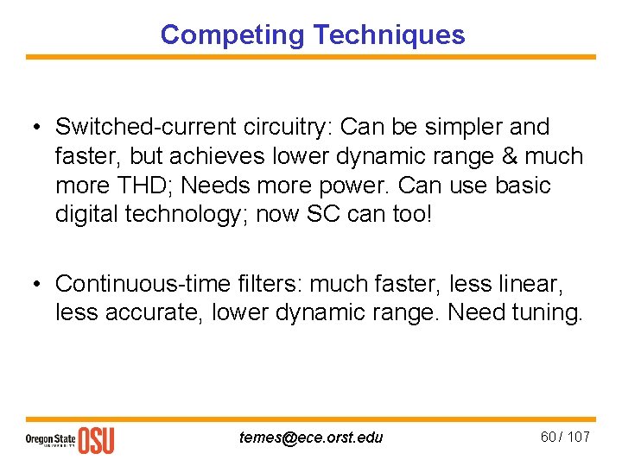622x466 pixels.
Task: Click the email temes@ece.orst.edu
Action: click(311, 438)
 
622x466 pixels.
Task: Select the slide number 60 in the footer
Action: click(549, 437)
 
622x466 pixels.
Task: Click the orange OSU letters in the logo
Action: click(96, 440)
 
